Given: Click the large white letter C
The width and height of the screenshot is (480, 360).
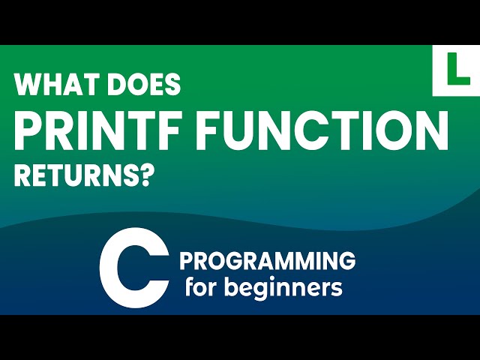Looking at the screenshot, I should click(x=134, y=268).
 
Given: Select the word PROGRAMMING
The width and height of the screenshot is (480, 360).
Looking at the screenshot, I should click(x=268, y=261).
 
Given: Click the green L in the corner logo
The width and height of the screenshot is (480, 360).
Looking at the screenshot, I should click(x=456, y=70).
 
